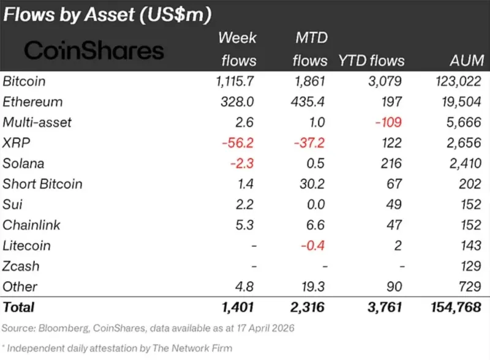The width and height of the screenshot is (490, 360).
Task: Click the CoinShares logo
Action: point(94,50)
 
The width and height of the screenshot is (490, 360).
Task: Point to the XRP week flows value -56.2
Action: point(239,143)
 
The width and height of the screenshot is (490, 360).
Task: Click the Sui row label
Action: point(13,204)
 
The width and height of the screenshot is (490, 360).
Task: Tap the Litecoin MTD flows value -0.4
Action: point(313,246)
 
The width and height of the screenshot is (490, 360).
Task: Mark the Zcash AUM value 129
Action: point(471,266)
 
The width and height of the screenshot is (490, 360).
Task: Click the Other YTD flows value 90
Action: point(393,287)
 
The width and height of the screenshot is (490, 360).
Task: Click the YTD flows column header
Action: point(371,60)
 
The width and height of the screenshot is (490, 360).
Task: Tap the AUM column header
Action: point(466,60)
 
